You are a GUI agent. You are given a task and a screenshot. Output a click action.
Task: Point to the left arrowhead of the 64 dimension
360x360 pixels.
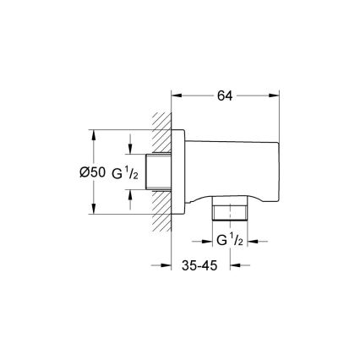pos(177,95)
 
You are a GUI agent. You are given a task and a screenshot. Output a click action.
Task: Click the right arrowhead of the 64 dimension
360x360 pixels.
pos(275,95)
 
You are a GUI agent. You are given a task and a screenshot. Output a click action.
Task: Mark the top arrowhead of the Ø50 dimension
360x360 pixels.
pos(91,133)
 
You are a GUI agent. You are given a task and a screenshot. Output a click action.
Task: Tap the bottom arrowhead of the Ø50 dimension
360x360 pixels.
pos(91,212)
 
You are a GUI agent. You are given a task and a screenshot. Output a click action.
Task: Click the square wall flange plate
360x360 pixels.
pos(178,172)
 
